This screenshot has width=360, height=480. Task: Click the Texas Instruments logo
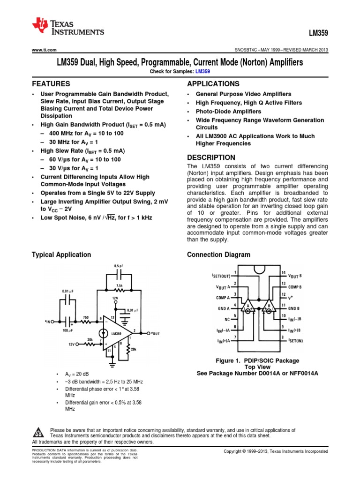[68, 28]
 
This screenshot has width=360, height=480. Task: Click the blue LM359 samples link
[202, 71]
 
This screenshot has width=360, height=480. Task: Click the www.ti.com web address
[44, 50]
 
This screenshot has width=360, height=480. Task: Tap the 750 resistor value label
[86, 317]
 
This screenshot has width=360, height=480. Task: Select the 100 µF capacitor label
[68, 331]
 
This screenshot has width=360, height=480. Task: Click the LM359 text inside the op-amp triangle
[116, 334]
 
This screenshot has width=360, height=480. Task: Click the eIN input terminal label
[48, 322]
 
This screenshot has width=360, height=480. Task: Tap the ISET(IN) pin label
[296, 340]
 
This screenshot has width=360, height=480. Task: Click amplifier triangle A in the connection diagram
[248, 307]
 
